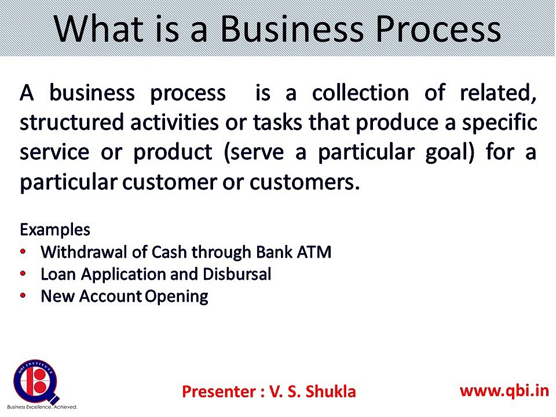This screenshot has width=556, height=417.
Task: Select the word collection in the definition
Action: point(360,93)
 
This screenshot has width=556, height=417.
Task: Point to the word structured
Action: point(72,123)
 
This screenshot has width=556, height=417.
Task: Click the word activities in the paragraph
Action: point(174,122)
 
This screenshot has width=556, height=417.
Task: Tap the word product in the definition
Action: point(173,153)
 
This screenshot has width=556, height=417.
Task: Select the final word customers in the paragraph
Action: point(305,182)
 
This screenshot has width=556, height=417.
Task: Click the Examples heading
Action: point(55,230)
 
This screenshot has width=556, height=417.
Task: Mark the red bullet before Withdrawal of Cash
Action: point(23,252)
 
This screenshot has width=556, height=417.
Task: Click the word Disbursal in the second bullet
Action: point(237,275)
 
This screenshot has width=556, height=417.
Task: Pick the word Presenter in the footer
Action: point(219,392)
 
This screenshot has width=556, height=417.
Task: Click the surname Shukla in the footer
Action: point(331,392)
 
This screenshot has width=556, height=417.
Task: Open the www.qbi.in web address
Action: point(504,391)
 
